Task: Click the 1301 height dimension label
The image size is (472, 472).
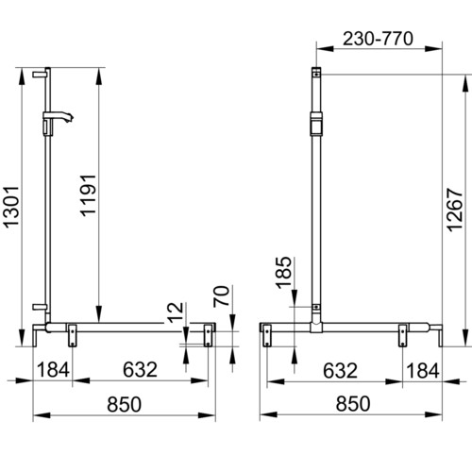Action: point(11,207)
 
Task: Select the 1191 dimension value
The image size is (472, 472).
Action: point(88,195)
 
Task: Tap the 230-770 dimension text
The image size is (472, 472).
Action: point(378,39)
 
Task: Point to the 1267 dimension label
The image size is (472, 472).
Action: point(455,211)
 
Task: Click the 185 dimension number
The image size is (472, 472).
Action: point(284,273)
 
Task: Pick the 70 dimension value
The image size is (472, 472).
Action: point(221,296)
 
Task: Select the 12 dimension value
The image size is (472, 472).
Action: point(175,312)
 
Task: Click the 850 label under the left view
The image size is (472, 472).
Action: point(124,404)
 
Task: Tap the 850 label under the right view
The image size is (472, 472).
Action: point(353,404)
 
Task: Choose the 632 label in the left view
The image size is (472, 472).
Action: point(140,369)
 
